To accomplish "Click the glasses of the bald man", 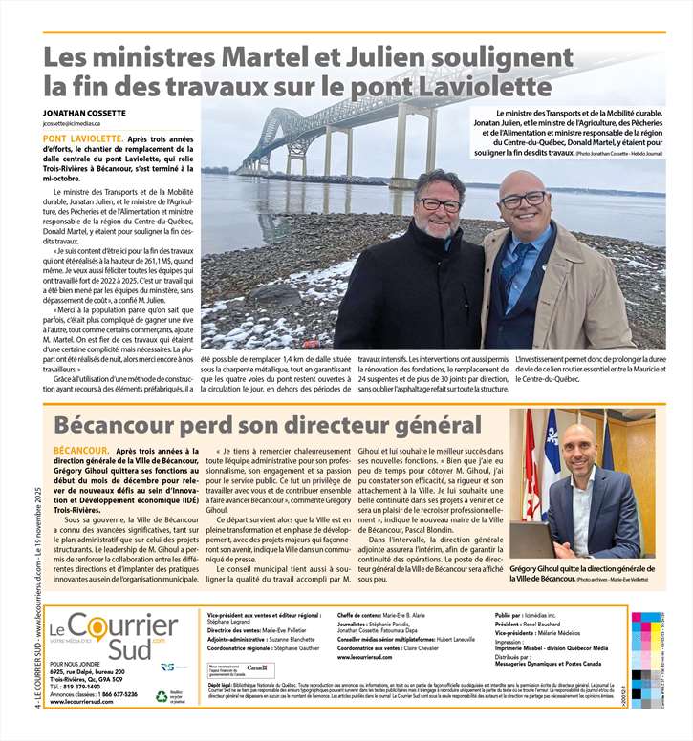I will click(522, 200).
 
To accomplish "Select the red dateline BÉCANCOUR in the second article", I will click(79, 449).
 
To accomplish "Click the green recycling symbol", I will click(162, 697).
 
